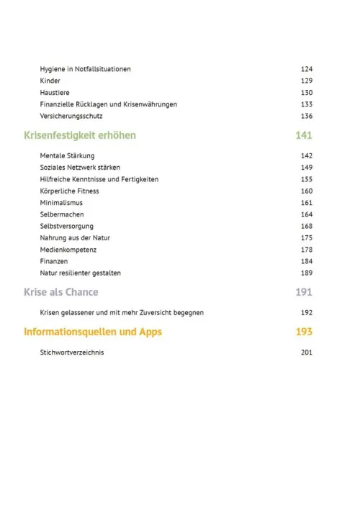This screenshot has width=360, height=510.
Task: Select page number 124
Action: pos(306,69)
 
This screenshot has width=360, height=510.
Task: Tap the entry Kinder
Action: pos(50,81)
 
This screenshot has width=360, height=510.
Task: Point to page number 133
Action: pos(306,104)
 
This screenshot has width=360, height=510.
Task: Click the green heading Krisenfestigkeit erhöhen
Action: pos(80,135)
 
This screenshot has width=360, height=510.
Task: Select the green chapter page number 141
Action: pos(304,135)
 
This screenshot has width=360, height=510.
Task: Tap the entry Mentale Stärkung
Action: pos(67,155)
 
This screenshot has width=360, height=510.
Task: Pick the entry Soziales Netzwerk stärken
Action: pos(80,168)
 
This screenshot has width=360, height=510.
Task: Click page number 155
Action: pos(306,179)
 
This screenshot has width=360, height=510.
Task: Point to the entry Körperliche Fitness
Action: pos(69,191)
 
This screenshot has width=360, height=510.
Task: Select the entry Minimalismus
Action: pos(61,203)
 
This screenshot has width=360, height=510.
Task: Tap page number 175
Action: pos(306,237)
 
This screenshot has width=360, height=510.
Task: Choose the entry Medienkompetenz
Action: pos(68,250)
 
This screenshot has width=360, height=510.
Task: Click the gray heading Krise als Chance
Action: pos(61,293)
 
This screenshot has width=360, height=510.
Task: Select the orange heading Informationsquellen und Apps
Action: pos(93,332)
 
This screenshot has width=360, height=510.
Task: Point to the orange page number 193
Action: pos(304,332)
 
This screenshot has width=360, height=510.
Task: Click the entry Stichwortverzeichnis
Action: pos(72,352)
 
